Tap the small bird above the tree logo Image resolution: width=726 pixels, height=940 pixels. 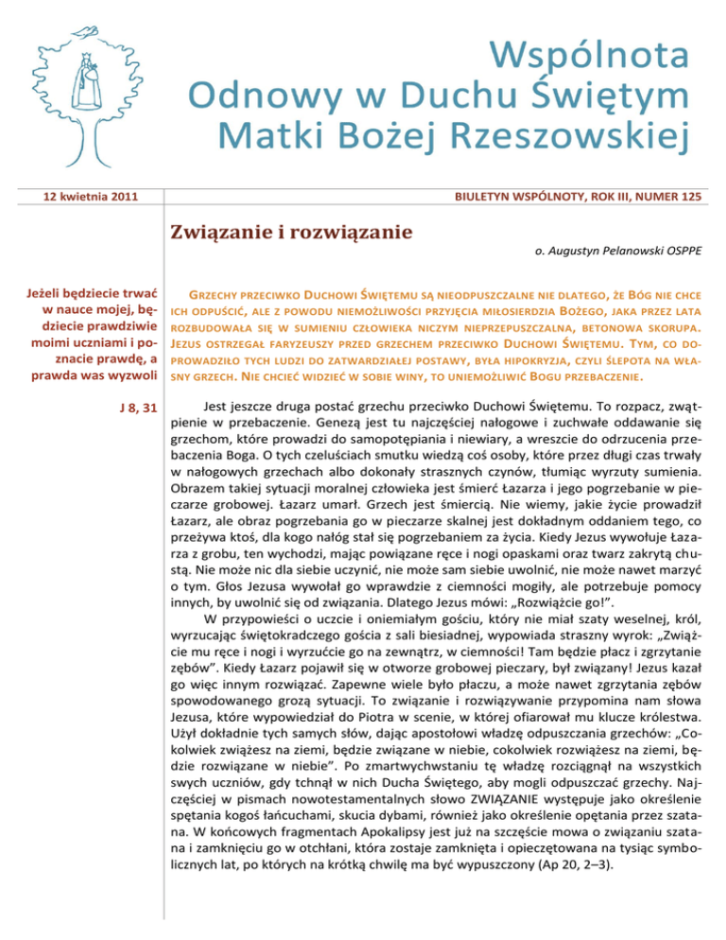88,32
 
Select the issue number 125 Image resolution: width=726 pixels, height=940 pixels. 689,198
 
